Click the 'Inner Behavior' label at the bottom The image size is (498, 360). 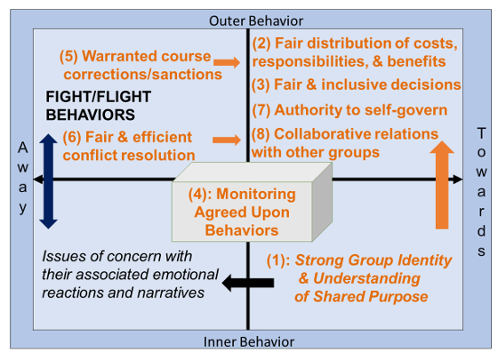pyautogui.click(x=249, y=341)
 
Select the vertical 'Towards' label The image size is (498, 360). pyautogui.click(x=481, y=178)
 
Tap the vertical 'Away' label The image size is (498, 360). pyautogui.click(x=22, y=178)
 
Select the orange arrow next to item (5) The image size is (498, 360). pyautogui.click(x=228, y=61)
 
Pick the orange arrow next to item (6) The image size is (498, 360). pyautogui.click(x=228, y=140)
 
